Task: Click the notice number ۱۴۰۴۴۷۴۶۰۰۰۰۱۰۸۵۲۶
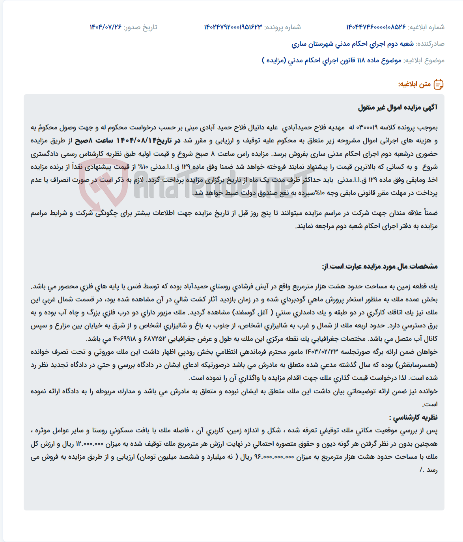pyautogui.click(x=376, y=27)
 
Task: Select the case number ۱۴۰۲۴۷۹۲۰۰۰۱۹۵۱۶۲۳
pyautogui.click(x=233, y=27)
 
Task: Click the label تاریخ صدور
pyautogui.click(x=140, y=27)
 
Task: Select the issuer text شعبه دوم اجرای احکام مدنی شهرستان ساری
pyautogui.click(x=353, y=44)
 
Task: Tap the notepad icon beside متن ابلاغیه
pyautogui.click(x=439, y=84)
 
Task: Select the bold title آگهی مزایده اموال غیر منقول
pyautogui.click(x=398, y=107)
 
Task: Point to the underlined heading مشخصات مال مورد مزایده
pyautogui.click(x=379, y=267)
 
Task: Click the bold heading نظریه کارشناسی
pyautogui.click(x=413, y=417)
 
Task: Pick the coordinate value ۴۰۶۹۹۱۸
pyautogui.click(x=125, y=339)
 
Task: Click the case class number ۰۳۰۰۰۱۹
pyautogui.click(x=366, y=128)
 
